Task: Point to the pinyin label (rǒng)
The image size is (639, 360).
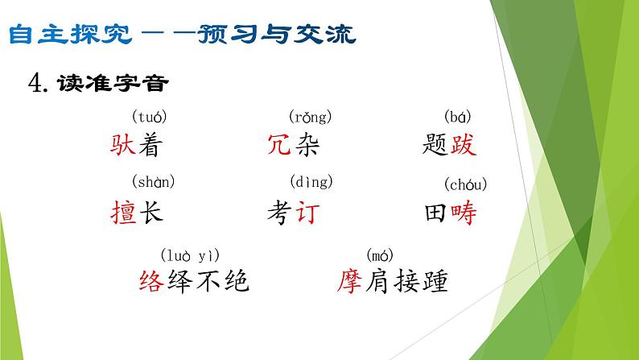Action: pyautogui.click(x=311, y=118)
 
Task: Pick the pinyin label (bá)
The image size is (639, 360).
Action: pyautogui.click(x=458, y=118)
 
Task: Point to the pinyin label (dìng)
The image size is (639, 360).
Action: pyautogui.click(x=311, y=181)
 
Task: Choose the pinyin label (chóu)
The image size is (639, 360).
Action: pyautogui.click(x=466, y=185)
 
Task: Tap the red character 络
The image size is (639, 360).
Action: pyautogui.click(x=153, y=281)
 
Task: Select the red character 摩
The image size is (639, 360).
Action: pyautogui.click(x=354, y=281)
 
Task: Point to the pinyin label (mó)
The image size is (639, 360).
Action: pyautogui.click(x=379, y=255)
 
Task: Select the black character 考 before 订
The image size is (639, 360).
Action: pyautogui.click(x=280, y=213)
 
